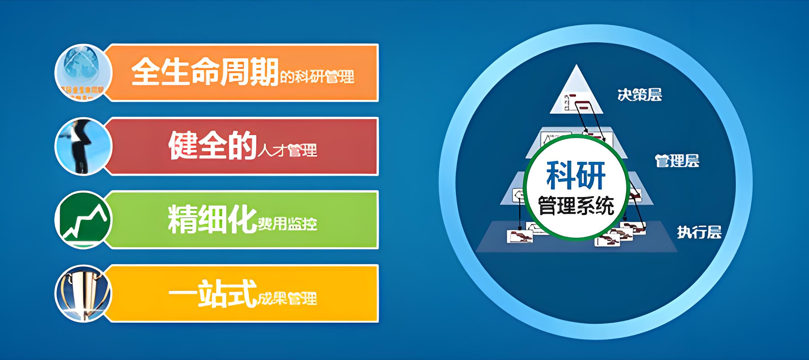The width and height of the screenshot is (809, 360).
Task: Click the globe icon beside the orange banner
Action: tap(83, 72)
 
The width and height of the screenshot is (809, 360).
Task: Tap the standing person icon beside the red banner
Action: tap(83, 146)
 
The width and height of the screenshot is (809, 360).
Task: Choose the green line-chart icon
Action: tap(83, 220)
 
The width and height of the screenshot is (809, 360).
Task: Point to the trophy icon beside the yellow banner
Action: tap(83, 293)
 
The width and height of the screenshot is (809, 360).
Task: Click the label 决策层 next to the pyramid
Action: tap(639, 95)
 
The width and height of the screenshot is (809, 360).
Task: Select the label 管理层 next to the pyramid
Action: tap(677, 161)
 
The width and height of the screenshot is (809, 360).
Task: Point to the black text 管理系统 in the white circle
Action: tap(576, 206)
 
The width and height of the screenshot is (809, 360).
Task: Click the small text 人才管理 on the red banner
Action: tap(287, 150)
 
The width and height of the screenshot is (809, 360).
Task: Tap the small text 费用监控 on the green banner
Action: tap(287, 224)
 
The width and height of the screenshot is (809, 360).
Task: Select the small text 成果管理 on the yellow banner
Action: tap(287, 299)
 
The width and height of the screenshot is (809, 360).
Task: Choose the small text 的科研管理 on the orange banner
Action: tap(317, 77)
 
